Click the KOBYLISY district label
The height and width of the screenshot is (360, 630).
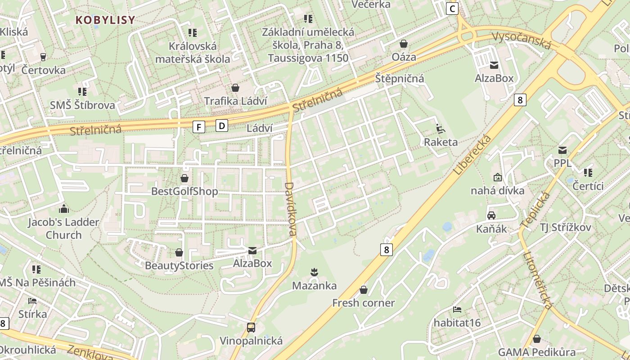(105, 20)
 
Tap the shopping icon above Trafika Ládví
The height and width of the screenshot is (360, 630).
(235, 88)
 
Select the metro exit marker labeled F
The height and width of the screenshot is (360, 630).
(198, 127)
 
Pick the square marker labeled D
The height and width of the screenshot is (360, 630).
(222, 125)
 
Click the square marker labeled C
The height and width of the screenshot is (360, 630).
(452, 8)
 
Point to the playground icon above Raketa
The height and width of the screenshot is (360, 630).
(441, 129)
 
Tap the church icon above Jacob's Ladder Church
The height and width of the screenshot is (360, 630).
(64, 209)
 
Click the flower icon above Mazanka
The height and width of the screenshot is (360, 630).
(314, 272)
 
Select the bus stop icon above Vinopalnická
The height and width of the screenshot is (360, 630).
(251, 327)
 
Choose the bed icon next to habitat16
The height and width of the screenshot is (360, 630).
(457, 310)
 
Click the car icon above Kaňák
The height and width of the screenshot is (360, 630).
(491, 216)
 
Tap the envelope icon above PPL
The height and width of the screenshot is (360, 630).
(562, 150)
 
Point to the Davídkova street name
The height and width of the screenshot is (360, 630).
(291, 209)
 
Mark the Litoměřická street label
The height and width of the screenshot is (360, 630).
(538, 279)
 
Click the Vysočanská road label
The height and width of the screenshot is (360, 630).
(522, 40)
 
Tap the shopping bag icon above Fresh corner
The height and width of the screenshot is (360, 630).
(363, 290)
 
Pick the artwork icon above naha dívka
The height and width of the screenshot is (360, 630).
(497, 177)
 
